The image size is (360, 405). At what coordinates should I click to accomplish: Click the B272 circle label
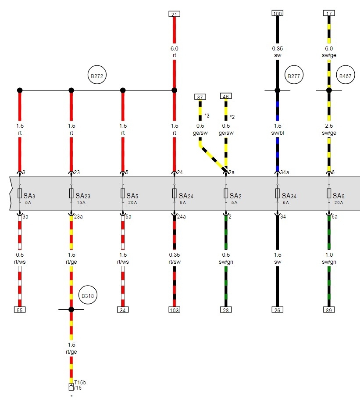click(97, 75)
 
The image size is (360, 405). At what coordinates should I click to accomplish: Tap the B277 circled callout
click(294, 75)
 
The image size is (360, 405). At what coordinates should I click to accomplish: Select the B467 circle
click(346, 75)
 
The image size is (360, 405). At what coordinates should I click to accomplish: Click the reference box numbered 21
click(175, 14)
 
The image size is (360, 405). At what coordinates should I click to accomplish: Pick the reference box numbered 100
click(277, 13)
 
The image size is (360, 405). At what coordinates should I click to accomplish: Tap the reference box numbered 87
click(200, 97)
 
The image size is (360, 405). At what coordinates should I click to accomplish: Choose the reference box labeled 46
click(226, 96)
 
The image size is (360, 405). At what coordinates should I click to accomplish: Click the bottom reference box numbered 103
click(175, 310)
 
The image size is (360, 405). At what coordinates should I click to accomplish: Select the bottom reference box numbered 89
click(329, 310)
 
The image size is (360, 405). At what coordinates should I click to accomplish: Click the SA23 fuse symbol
click(71, 194)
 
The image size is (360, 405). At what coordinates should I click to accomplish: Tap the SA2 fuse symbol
click(226, 194)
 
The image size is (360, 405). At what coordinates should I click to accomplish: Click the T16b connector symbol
click(71, 387)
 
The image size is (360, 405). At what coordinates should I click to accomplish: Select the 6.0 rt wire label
click(175, 52)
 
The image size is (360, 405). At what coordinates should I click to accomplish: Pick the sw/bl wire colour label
click(277, 133)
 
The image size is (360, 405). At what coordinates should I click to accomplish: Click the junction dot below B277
click(277, 90)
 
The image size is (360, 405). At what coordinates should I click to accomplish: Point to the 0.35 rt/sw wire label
click(175, 258)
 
